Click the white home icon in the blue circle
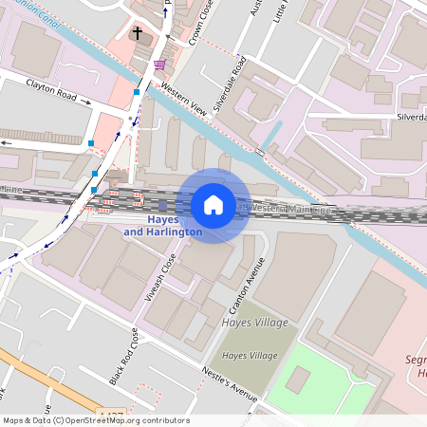[213, 205]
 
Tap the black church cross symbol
[137, 34]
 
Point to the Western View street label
[183, 97]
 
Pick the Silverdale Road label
[229, 85]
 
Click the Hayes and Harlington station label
[162, 226]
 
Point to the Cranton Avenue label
[245, 290]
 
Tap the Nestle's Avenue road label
[229, 382]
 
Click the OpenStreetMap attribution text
[95, 420]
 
